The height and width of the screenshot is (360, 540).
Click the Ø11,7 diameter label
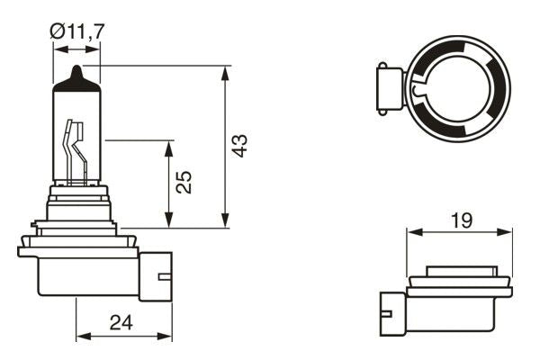(76, 31)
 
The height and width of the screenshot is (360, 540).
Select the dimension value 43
(238, 146)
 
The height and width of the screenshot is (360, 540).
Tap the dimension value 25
(184, 183)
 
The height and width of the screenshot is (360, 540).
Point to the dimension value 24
(123, 322)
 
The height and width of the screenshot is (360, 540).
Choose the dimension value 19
(460, 219)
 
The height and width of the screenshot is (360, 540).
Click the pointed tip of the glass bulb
(77, 69)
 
